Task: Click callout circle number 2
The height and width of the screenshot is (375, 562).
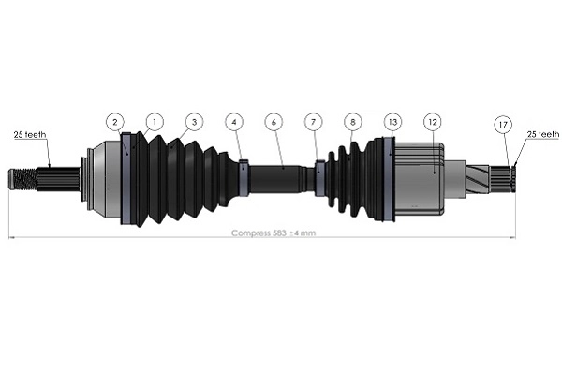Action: (114, 122)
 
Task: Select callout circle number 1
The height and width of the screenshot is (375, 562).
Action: (153, 122)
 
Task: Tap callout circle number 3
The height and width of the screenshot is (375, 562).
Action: (193, 122)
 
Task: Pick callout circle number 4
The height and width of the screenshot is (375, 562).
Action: (233, 122)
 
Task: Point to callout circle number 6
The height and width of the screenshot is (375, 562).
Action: (274, 122)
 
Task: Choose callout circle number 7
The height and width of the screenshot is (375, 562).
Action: (313, 122)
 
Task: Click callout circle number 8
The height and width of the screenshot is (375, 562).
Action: (352, 122)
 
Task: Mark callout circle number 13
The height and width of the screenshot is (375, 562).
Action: (392, 122)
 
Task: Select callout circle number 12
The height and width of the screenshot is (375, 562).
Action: (432, 122)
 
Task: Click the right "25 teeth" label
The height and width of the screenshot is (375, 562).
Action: (543, 134)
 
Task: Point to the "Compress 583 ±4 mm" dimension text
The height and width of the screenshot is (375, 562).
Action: (273, 232)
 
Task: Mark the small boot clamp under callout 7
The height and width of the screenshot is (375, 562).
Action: (319, 178)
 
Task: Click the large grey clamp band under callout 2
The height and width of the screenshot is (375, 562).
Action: (126, 178)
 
